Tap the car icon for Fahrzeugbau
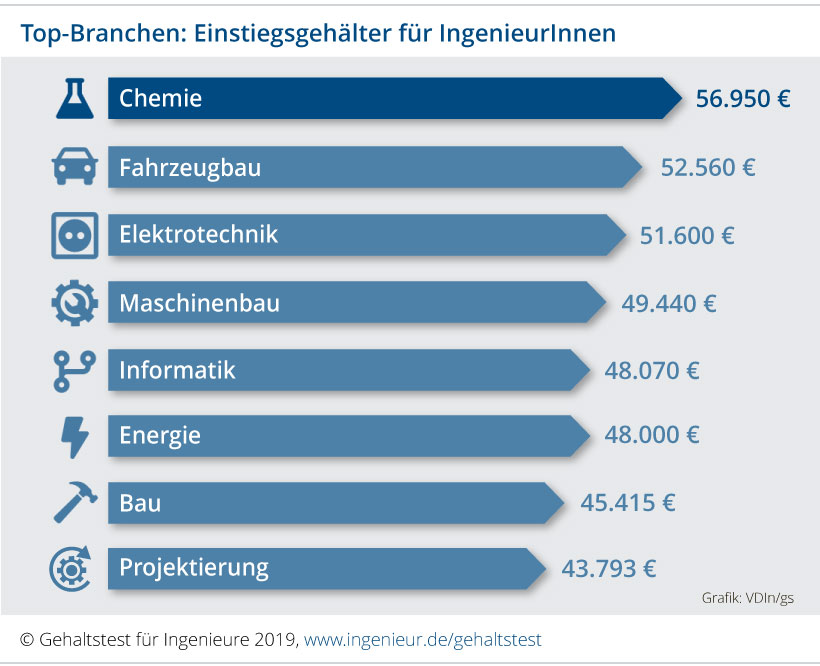(x=75, y=167)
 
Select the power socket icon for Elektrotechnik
(x=75, y=236)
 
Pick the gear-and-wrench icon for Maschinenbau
(x=75, y=303)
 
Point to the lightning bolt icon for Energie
(x=75, y=437)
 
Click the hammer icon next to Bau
(x=75, y=503)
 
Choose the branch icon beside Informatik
(x=74, y=370)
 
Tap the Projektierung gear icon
(x=73, y=569)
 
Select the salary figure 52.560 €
(x=708, y=167)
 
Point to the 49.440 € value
(x=669, y=303)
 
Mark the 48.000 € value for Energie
(x=652, y=436)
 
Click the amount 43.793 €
(x=609, y=569)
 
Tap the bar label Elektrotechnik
(x=198, y=235)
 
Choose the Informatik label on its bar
(x=177, y=370)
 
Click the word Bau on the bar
(x=140, y=503)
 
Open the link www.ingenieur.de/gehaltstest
(x=423, y=638)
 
